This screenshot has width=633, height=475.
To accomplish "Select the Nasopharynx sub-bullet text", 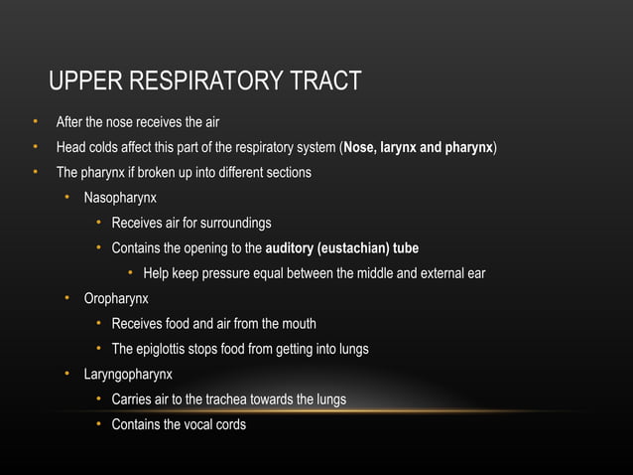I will coord(120,198).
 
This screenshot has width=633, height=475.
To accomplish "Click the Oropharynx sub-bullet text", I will coord(116,298).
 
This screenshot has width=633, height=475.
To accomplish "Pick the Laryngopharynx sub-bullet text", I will coord(128,375).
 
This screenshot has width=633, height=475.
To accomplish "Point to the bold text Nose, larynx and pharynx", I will coord(418,148).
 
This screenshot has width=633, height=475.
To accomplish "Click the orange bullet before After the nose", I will coord(34,122).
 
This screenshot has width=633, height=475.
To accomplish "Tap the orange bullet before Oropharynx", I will coord(67,298).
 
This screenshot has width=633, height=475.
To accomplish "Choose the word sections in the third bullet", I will coord(287,173).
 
